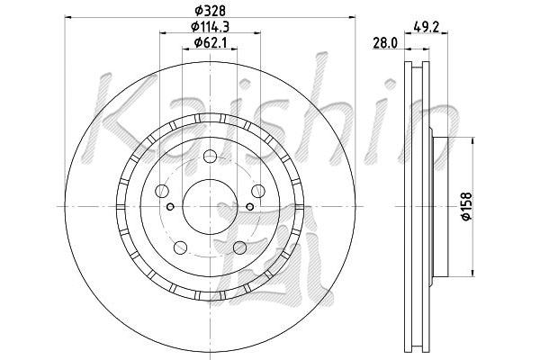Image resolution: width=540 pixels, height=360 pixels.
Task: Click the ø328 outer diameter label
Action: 210,11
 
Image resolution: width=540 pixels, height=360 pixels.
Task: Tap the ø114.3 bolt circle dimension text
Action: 210,26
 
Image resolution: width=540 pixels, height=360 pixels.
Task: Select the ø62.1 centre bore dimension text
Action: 210,42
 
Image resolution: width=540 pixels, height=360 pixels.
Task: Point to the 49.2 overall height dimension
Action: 426,27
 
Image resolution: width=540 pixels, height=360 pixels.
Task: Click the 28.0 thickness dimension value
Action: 385,43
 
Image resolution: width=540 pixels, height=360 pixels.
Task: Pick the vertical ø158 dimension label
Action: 466,206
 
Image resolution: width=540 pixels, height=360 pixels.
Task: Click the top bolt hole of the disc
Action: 210,157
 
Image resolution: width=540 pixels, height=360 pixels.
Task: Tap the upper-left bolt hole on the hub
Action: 162,191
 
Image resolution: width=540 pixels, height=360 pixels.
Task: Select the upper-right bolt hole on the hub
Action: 258,191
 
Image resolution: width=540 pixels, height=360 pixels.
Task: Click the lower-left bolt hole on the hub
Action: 181,247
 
